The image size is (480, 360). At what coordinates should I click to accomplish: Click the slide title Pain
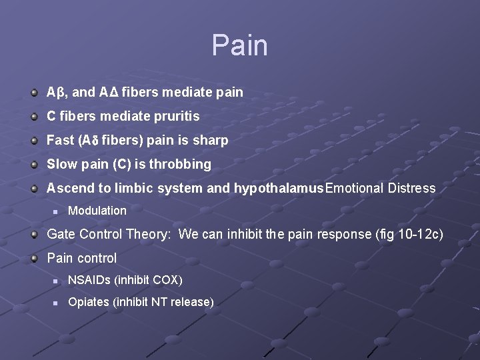(239, 46)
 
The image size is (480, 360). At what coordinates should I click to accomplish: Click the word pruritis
(175, 117)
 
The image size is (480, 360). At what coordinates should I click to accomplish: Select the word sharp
(211, 141)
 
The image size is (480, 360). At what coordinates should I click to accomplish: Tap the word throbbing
(183, 165)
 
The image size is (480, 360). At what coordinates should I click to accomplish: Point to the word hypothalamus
(279, 189)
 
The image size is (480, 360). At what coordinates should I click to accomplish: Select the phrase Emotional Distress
(380, 189)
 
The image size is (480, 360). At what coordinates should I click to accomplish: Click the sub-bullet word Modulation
(97, 211)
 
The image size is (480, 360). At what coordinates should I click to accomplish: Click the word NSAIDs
(89, 280)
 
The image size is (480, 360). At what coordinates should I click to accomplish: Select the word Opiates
(89, 303)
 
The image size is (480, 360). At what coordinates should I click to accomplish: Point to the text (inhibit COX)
(148, 280)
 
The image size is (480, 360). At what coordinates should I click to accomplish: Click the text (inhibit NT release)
(163, 303)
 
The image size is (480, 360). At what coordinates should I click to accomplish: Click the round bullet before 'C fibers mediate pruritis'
(34, 117)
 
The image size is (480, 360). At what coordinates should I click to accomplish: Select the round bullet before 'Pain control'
(34, 258)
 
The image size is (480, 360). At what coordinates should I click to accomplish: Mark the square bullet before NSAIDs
(57, 281)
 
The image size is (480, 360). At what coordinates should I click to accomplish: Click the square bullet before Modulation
(57, 211)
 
